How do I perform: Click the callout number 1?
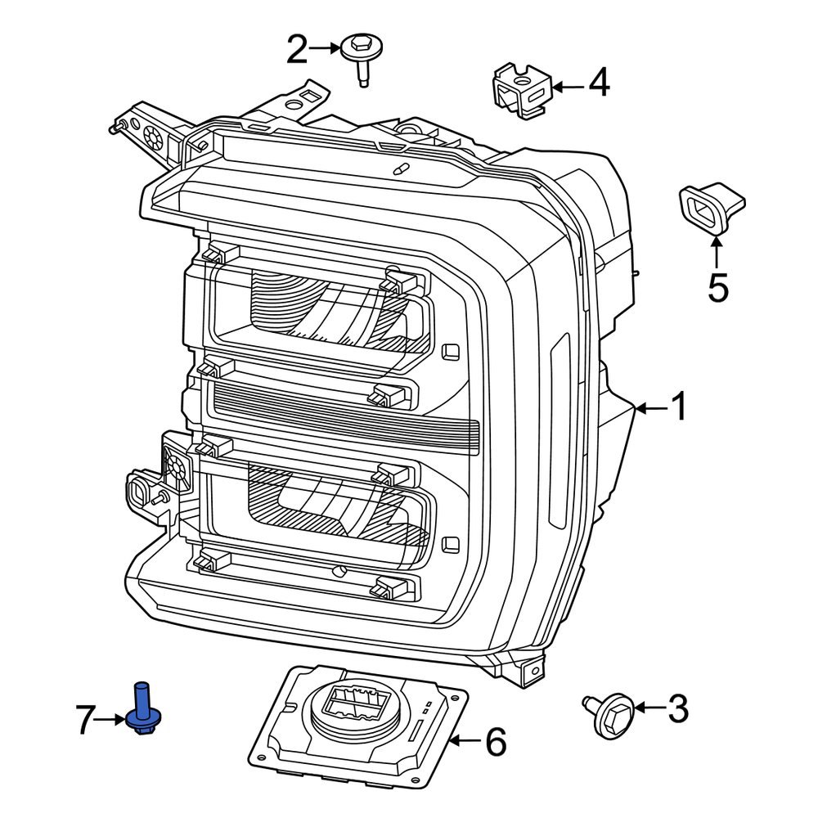coord(679,407)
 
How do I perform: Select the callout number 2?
coord(297,50)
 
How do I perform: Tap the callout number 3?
coord(678,708)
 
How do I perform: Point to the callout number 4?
coord(599,83)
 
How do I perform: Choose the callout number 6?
coord(496,743)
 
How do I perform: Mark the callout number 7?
coord(88,720)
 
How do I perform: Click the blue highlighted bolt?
coord(142,709)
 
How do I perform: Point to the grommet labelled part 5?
coord(708,208)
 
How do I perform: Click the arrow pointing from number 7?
coord(114,720)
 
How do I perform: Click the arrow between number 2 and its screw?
coord(325,49)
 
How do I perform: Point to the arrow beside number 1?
coord(651,407)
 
